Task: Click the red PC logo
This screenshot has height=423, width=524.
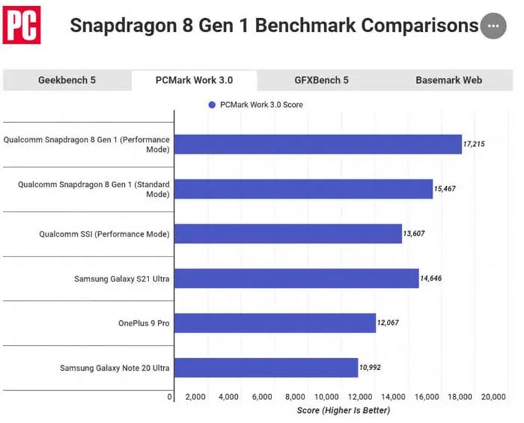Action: click(21, 25)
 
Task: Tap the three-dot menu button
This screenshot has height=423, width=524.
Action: click(493, 26)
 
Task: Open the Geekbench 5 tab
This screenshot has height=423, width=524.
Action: click(67, 80)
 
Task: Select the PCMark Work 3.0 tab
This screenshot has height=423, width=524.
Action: click(194, 80)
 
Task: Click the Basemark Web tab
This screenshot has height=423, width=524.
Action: click(448, 80)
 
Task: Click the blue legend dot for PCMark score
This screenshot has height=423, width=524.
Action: click(212, 105)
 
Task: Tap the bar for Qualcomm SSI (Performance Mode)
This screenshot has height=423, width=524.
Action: click(288, 234)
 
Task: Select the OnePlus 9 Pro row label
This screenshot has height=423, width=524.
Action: click(143, 323)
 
